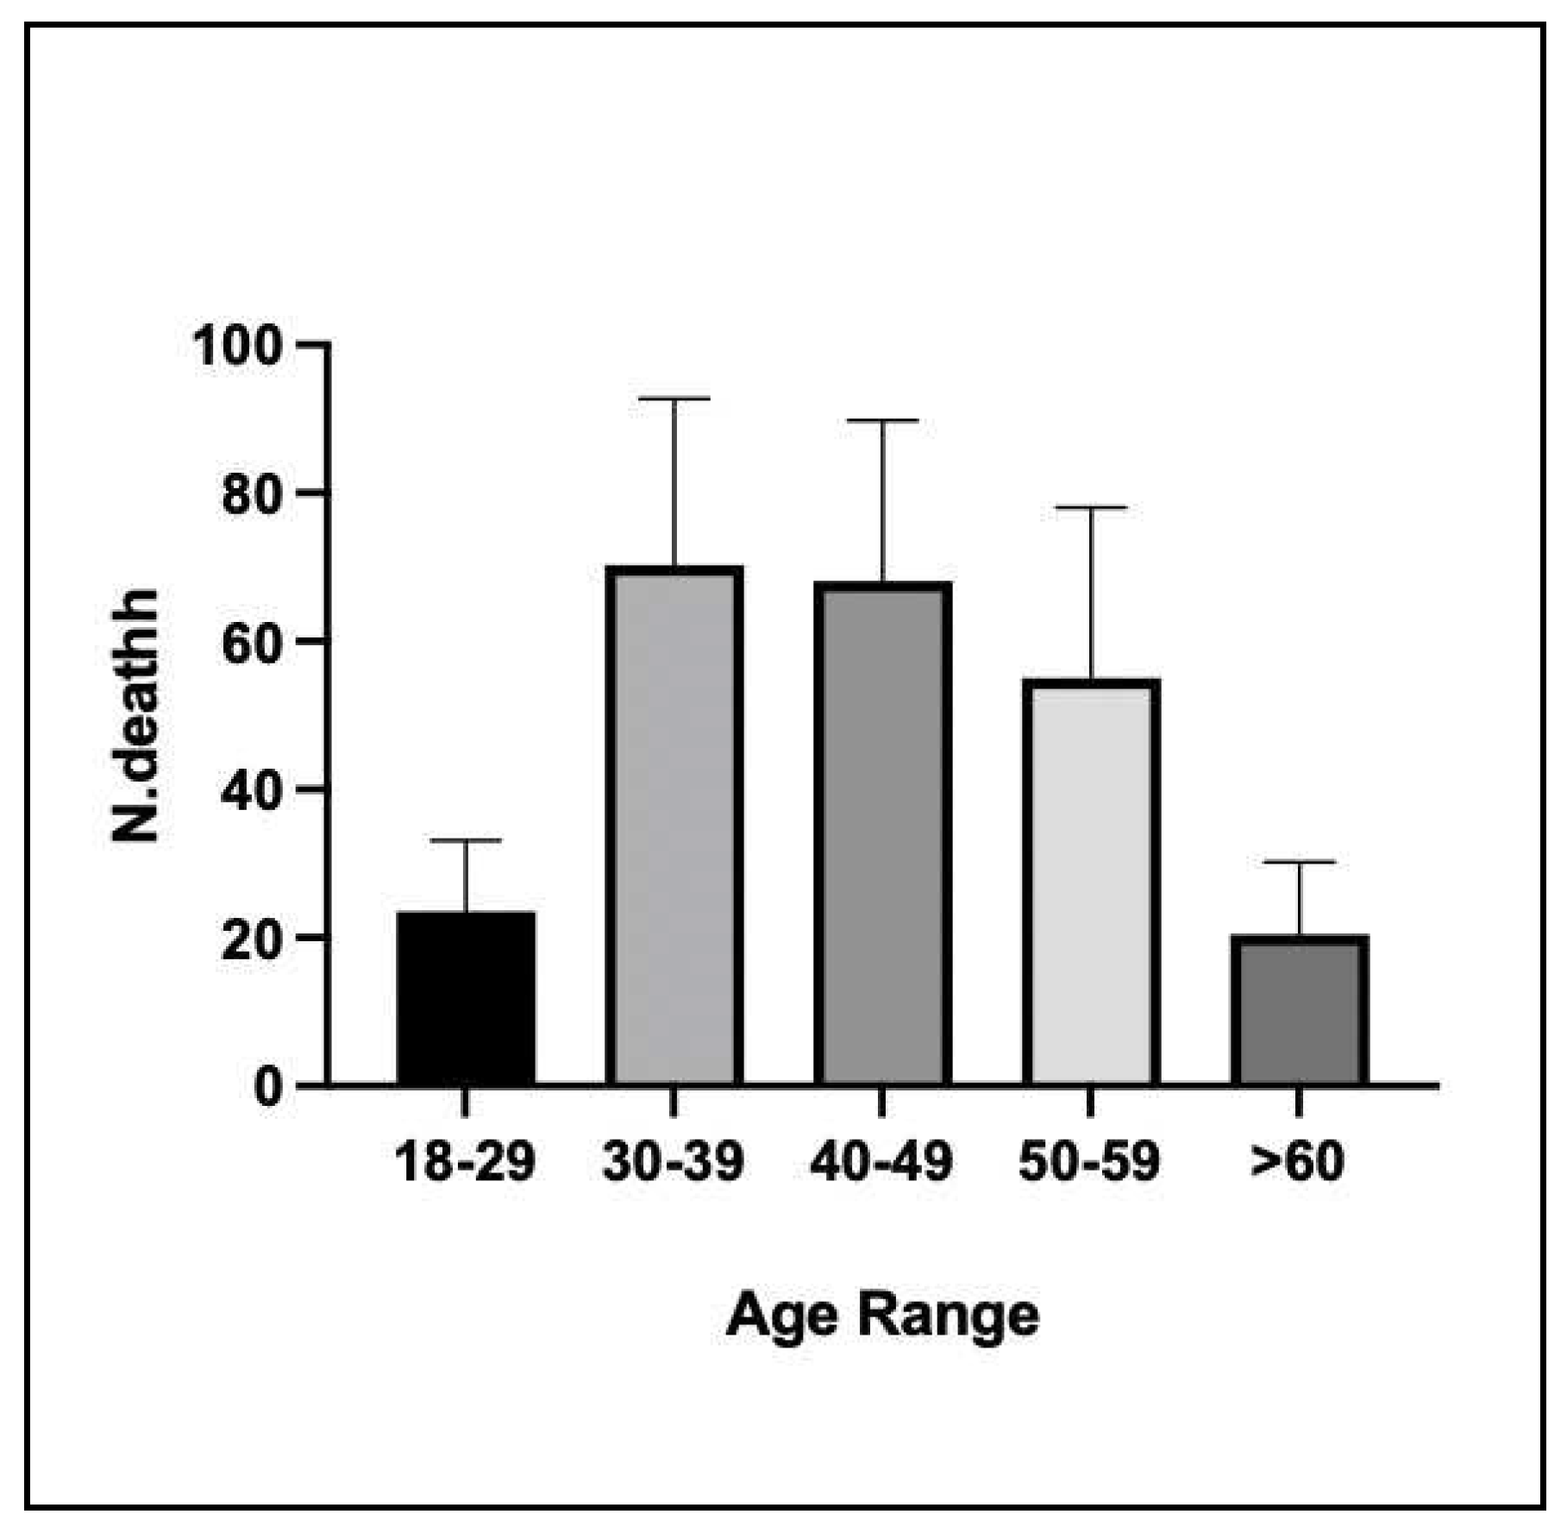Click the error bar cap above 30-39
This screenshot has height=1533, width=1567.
coord(674,399)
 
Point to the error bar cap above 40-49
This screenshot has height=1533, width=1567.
coord(882,420)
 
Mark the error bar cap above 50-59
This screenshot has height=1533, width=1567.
coord(1091,507)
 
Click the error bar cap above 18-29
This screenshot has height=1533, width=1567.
coord(466,839)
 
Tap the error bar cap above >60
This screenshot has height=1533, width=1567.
coord(1299,862)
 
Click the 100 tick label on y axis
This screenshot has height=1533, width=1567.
coord(237,347)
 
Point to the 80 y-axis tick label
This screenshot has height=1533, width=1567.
coord(251,495)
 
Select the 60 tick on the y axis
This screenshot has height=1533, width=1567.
coord(251,644)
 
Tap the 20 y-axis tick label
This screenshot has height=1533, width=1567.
coord(251,940)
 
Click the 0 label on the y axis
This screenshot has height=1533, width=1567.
coord(267,1088)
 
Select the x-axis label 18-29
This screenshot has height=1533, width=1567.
coord(466,1161)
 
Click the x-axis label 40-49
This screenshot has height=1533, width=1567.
coord(882,1161)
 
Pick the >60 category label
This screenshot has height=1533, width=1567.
coord(1297,1161)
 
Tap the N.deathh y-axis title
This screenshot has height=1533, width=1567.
coord(136,715)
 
